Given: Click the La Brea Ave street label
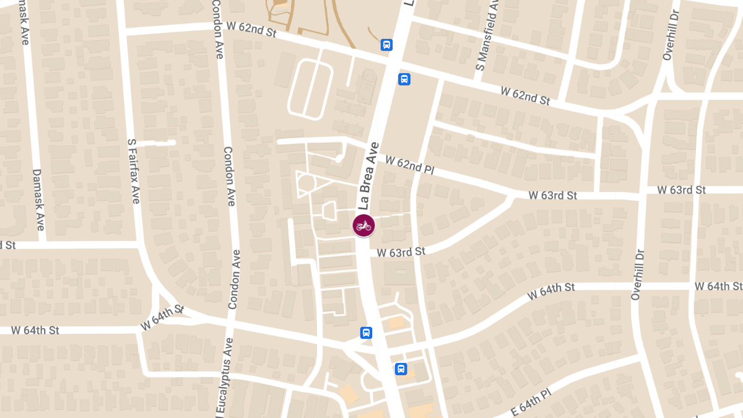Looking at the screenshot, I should (368, 176).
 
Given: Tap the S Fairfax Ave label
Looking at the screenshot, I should (133, 171).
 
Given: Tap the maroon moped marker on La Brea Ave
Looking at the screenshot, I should (363, 225).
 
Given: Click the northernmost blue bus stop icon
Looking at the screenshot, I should (386, 45).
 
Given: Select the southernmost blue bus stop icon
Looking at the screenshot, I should (401, 369).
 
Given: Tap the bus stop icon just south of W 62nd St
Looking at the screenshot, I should (404, 79).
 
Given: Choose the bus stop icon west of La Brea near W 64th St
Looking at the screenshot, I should (366, 333).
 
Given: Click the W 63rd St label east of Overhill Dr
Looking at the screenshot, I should (681, 190).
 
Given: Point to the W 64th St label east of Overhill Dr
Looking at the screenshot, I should (717, 286).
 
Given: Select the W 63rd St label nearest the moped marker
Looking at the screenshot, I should (401, 252).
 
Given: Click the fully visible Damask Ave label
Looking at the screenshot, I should (38, 200).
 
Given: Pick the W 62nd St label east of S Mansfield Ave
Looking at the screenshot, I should (525, 95).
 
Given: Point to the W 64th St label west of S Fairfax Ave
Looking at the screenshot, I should (35, 330).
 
